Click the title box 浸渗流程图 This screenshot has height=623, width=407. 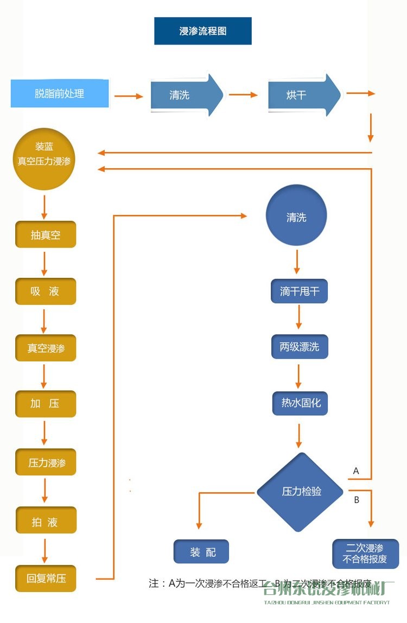pyautogui.click(x=203, y=31)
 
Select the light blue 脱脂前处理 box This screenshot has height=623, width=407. pyautogui.click(x=60, y=93)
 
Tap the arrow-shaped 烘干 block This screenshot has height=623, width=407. pyautogui.click(x=304, y=95)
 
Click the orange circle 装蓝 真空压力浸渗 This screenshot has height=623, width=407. pyautogui.click(x=44, y=154)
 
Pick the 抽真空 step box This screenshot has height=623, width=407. pyautogui.click(x=46, y=235)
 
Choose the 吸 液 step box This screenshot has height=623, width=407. pyautogui.click(x=46, y=291)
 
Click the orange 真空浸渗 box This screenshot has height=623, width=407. pyautogui.click(x=46, y=348)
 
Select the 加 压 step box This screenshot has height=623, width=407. pyautogui.click(x=46, y=404)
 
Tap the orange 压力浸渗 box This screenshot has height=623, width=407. pyautogui.click(x=46, y=463)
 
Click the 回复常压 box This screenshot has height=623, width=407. pyautogui.click(x=46, y=578)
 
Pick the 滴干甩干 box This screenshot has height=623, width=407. pyautogui.click(x=300, y=291)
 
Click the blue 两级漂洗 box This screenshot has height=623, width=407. pyautogui.click(x=300, y=346)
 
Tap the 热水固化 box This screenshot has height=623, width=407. pyautogui.click(x=300, y=403)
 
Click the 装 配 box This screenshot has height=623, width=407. pyautogui.click(x=201, y=552)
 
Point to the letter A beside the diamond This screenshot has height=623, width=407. pyautogui.click(x=356, y=471)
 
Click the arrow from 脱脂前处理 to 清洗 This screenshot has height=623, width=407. pyautogui.click(x=128, y=96)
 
